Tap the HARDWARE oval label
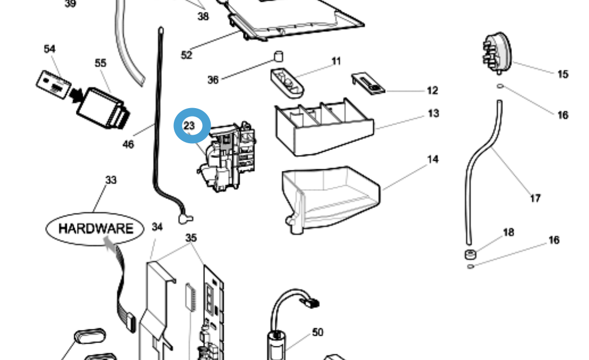[96, 229]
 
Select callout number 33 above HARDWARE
[111, 180]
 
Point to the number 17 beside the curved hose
[535, 198]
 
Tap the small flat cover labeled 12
[368, 83]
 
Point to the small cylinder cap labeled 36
[279, 56]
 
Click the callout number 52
[186, 55]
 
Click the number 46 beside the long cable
[129, 144]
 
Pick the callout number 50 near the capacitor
[318, 332]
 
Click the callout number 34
[157, 227]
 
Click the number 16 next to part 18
[553, 240]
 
